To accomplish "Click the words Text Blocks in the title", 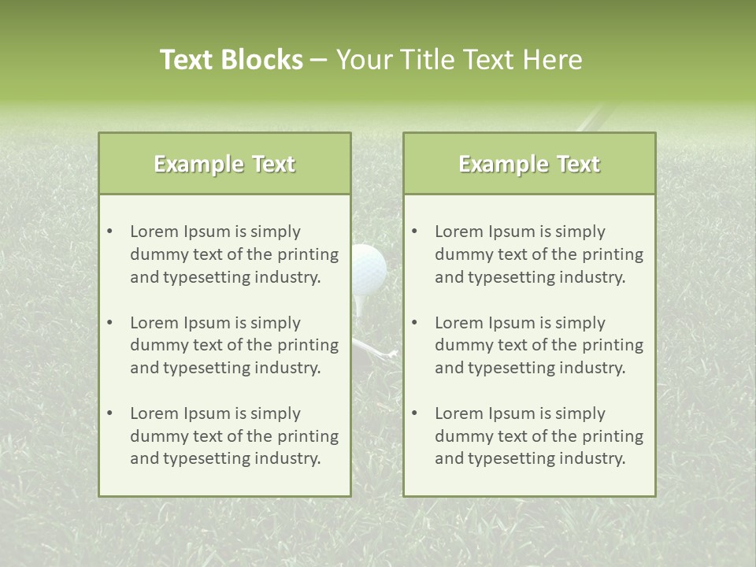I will [231, 60].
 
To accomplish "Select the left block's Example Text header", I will [224, 164].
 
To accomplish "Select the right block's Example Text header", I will [529, 164].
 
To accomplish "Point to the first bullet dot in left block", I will [109, 232].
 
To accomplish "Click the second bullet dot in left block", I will [109, 323].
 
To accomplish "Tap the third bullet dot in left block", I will [109, 413].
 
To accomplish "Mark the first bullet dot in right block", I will [414, 232].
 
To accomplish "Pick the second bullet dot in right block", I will [414, 323].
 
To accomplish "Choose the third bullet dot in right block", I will [414, 413].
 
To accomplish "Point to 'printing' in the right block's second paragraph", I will [612, 345].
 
